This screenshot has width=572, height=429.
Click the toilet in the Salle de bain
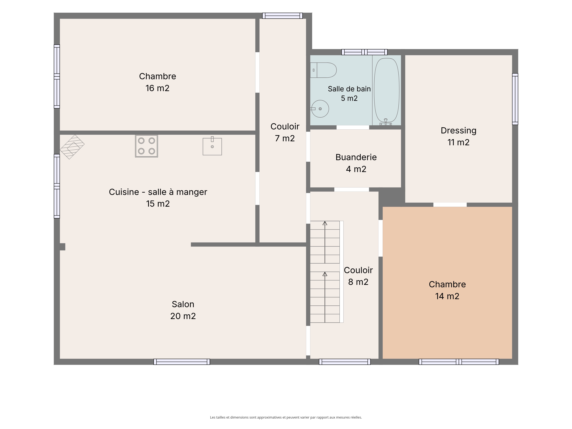click(323, 70)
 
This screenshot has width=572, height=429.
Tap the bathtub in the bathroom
click(387, 91)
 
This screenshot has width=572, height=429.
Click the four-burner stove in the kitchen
click(146, 146)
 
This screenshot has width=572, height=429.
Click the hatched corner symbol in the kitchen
click(72, 147)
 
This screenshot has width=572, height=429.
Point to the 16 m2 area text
click(157, 88)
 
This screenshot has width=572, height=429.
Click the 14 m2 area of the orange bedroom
click(447, 296)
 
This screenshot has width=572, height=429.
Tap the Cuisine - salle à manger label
click(158, 192)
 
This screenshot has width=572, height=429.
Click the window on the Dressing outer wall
click(515, 99)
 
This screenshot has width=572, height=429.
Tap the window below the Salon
click(182, 362)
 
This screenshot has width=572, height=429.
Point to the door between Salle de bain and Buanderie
click(353, 127)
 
